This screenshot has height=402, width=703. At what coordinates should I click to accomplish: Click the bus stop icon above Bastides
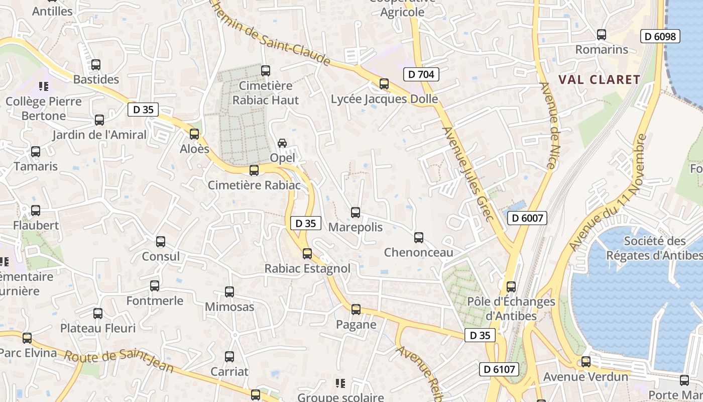(95, 65)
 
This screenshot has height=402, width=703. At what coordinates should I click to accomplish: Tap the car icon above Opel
(282, 143)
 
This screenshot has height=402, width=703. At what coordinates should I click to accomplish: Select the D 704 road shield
(421, 74)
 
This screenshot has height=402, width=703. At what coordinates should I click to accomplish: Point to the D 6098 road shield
(660, 36)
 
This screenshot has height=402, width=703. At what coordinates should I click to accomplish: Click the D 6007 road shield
(527, 218)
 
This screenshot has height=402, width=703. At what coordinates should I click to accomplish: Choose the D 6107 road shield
(499, 369)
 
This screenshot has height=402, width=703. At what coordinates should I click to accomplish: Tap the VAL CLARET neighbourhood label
(599, 79)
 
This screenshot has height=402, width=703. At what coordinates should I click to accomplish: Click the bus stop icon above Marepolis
(356, 213)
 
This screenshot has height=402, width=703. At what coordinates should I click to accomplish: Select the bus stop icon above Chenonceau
(418, 238)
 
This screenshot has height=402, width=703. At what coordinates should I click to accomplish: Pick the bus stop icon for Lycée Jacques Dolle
(384, 84)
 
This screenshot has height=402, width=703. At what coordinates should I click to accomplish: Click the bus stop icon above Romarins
(601, 35)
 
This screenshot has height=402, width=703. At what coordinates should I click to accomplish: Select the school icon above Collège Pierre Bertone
(44, 86)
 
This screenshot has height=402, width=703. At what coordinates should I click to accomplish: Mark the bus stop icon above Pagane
(356, 310)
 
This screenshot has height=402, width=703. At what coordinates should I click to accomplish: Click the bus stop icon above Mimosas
(229, 291)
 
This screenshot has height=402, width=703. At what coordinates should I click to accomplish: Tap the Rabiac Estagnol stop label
(307, 269)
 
